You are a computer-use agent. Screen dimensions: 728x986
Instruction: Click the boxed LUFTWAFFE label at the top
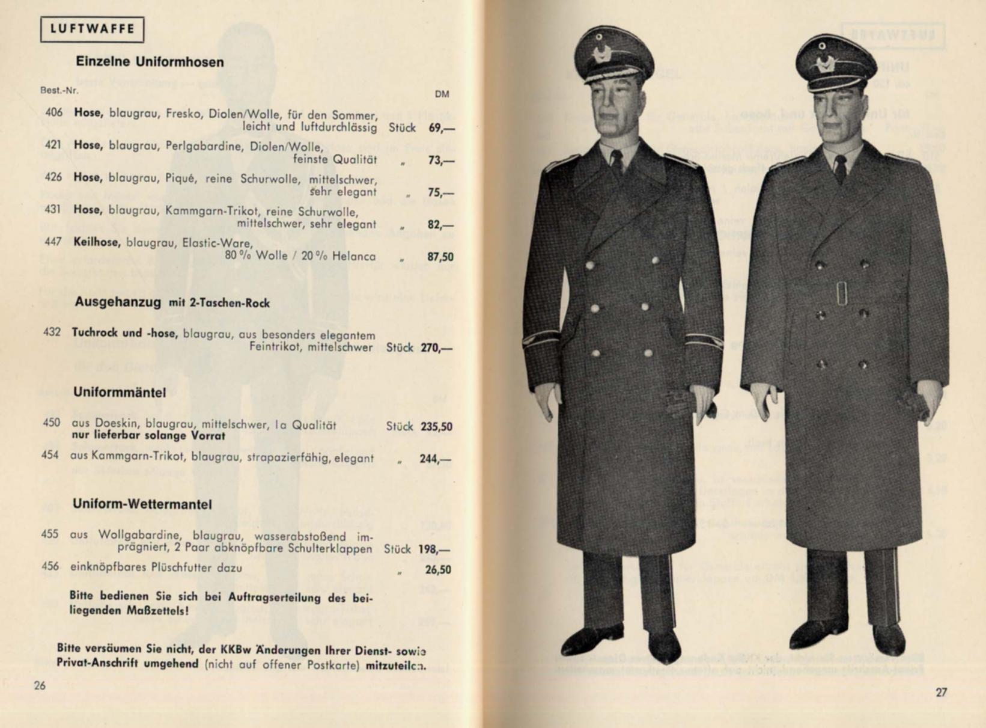point(92,29)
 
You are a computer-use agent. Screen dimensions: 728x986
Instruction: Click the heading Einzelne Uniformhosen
point(150,62)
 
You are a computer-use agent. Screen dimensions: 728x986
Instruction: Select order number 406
point(54,112)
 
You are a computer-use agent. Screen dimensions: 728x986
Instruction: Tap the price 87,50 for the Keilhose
point(440,257)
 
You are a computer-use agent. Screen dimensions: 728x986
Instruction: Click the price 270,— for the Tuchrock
point(436,347)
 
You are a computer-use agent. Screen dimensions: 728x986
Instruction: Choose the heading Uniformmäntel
point(120,393)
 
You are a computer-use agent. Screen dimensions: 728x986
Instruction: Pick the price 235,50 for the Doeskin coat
point(436,426)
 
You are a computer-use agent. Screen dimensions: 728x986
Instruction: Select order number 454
point(50,455)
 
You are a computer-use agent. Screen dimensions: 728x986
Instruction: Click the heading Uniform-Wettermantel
point(142,504)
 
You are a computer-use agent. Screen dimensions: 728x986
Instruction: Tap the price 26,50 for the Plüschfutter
point(438,569)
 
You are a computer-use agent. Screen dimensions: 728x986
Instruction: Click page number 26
point(40,685)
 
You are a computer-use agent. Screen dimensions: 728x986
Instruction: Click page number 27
point(941,692)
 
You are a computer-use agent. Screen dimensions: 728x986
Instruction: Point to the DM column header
point(442,94)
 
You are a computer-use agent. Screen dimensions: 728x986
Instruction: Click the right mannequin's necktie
point(841,169)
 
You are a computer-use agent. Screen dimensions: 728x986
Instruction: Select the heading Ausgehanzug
point(118,302)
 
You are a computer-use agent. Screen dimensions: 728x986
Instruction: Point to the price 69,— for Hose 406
point(441,128)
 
